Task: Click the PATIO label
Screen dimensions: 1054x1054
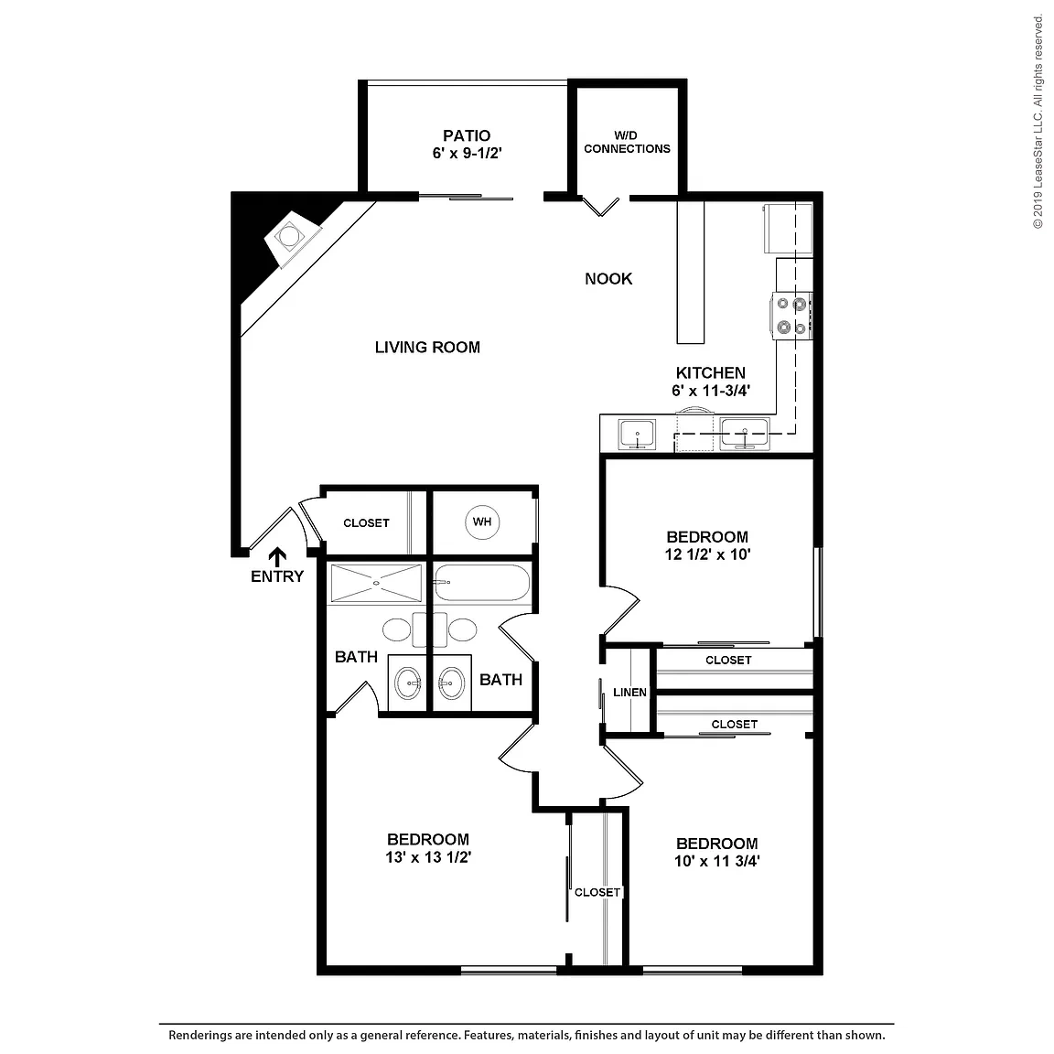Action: [x=467, y=135]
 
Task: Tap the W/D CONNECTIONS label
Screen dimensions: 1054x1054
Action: [x=627, y=143]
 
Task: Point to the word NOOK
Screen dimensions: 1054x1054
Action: [x=608, y=278]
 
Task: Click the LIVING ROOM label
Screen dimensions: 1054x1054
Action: [x=427, y=347]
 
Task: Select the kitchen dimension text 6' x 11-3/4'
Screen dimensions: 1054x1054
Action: [x=711, y=391]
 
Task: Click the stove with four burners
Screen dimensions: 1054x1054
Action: [x=791, y=316]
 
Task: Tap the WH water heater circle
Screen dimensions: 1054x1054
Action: [x=482, y=522]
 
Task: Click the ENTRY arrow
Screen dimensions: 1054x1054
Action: [x=277, y=557]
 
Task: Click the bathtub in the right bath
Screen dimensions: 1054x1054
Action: [x=482, y=583]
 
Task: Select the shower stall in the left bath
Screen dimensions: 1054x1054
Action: [x=376, y=584]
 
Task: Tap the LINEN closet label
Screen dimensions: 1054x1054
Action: [x=629, y=693]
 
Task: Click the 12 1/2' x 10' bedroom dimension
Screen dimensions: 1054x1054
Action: [x=707, y=554]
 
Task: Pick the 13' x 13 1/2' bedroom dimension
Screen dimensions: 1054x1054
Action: [x=428, y=857]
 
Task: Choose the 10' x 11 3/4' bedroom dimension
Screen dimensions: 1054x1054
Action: [x=716, y=861]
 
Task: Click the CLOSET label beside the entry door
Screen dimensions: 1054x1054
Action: [x=366, y=523]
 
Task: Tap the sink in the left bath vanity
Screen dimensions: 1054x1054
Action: [x=408, y=684]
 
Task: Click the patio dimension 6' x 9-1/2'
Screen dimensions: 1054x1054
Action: [x=467, y=154]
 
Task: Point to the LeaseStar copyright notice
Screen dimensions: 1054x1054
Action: [x=1038, y=122]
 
